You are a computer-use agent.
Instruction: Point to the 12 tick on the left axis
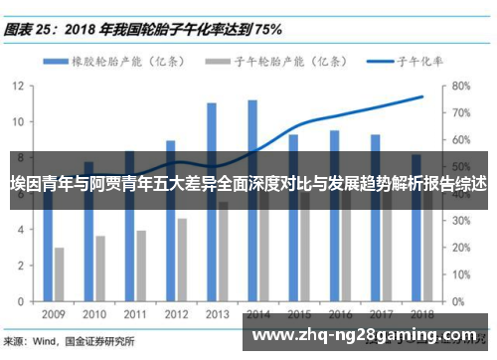pos(19,86)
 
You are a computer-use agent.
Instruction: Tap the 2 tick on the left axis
pos(22,265)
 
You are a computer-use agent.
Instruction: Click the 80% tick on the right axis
pos(460,86)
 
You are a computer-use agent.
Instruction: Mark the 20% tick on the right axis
pos(460,246)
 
